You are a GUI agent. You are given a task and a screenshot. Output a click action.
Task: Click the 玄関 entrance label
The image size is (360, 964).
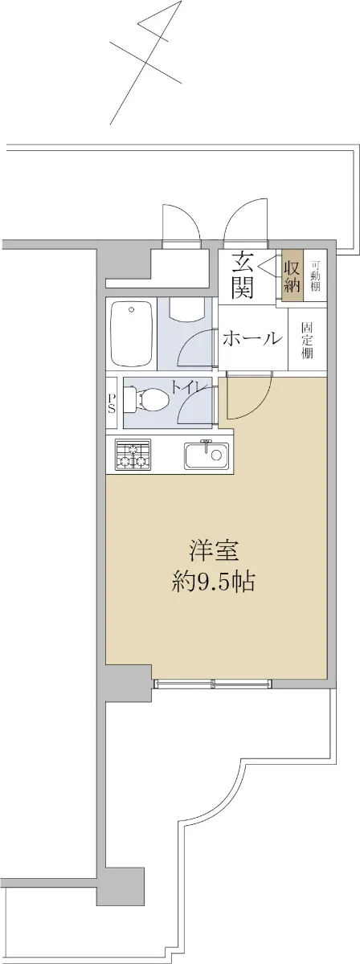pyautogui.click(x=242, y=276)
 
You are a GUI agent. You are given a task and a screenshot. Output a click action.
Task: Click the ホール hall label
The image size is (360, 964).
pyautogui.click(x=252, y=339)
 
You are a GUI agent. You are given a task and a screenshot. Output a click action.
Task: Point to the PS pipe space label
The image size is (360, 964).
pyautogui.click(x=112, y=402)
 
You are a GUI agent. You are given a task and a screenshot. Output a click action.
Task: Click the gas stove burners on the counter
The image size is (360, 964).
pyautogui.click(x=133, y=455)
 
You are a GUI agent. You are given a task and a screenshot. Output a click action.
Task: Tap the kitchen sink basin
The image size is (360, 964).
pyautogui.click(x=207, y=455)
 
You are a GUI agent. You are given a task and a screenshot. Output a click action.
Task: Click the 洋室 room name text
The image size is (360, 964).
pyautogui.click(x=214, y=552)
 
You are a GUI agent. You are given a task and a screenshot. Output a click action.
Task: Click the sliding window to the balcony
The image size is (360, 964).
pyautogui.click(x=213, y=683)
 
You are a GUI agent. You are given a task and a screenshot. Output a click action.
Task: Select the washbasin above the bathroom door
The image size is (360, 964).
pyautogui.click(x=187, y=308)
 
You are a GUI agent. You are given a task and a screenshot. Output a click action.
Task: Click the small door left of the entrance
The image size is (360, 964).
pyautogui.click(x=181, y=223)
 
